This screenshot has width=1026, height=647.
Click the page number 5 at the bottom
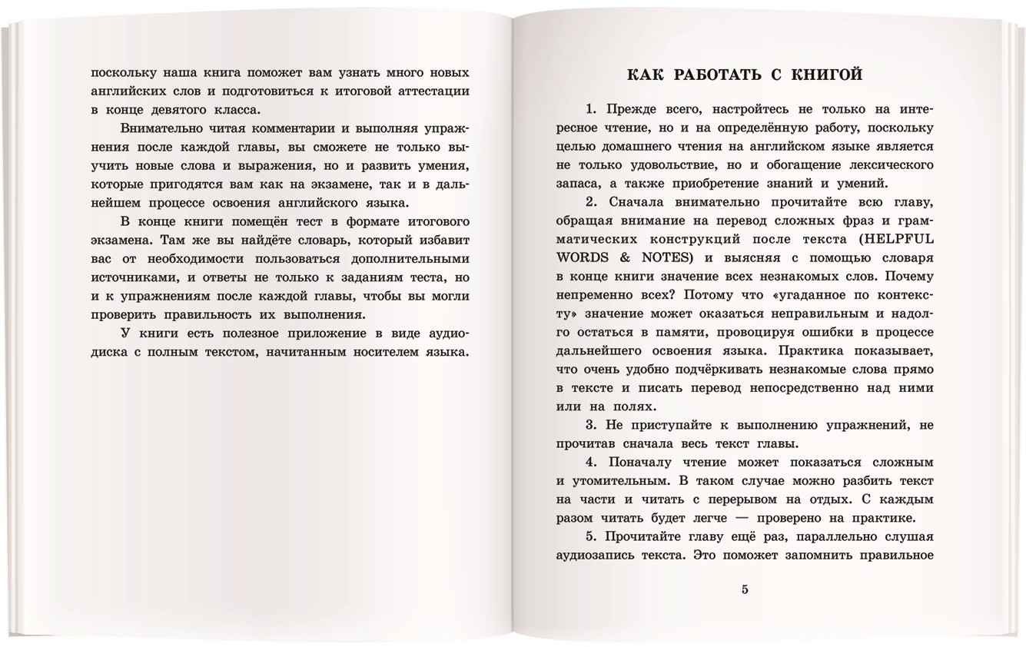(744, 589)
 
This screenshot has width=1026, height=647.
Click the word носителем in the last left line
(381, 352)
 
